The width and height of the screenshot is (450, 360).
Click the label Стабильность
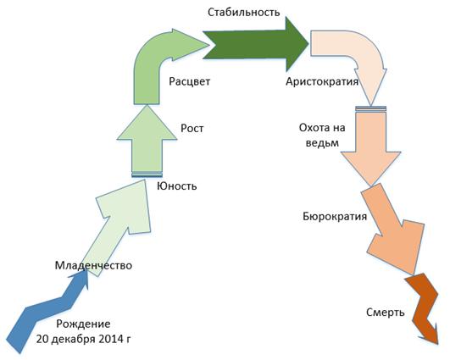point(244,13)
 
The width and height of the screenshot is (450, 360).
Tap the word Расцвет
point(190,81)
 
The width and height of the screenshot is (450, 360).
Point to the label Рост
point(192,128)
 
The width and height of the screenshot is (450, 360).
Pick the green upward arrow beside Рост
point(147,141)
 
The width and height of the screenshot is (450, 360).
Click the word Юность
point(177,186)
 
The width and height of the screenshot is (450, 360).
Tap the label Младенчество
point(93,265)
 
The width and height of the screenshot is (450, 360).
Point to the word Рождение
point(83,324)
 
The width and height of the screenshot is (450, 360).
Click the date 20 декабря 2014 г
point(84,339)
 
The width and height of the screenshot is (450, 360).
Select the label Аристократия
point(322,81)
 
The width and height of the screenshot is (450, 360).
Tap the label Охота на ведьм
point(322,135)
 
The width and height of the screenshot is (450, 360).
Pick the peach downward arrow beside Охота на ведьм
point(370,147)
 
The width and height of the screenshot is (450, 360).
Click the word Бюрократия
point(335,216)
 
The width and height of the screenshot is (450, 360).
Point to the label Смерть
point(386,312)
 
